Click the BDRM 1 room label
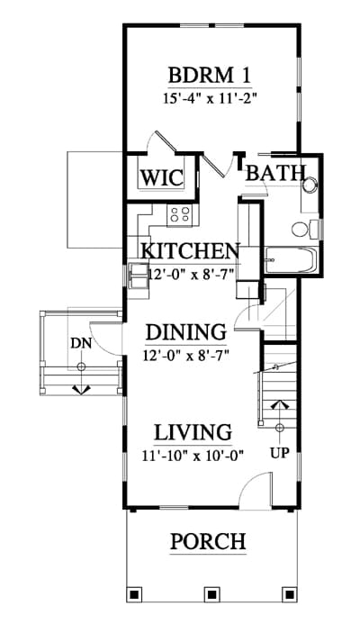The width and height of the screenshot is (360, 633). [x=210, y=75]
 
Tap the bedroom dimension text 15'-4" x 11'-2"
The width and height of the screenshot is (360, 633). [x=210, y=99]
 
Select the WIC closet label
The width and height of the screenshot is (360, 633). [x=162, y=177]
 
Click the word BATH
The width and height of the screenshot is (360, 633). [x=275, y=173]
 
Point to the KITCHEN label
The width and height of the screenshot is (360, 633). [x=191, y=251]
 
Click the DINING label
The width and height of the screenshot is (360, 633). [x=185, y=332]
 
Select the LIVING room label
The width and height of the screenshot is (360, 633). [x=193, y=432]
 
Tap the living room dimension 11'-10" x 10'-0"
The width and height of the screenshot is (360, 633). [x=193, y=456]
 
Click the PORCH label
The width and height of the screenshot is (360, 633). [x=208, y=541]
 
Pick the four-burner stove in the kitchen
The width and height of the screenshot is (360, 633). [x=183, y=215]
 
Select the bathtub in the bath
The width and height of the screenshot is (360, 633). [x=292, y=260]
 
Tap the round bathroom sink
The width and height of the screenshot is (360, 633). [x=311, y=185]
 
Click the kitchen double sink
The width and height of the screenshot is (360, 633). [x=138, y=276]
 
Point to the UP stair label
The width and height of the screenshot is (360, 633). [x=280, y=453]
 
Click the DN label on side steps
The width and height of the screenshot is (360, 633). [x=81, y=343]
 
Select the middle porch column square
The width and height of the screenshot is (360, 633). [x=211, y=594]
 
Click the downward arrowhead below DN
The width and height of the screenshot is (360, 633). [x=82, y=390]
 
